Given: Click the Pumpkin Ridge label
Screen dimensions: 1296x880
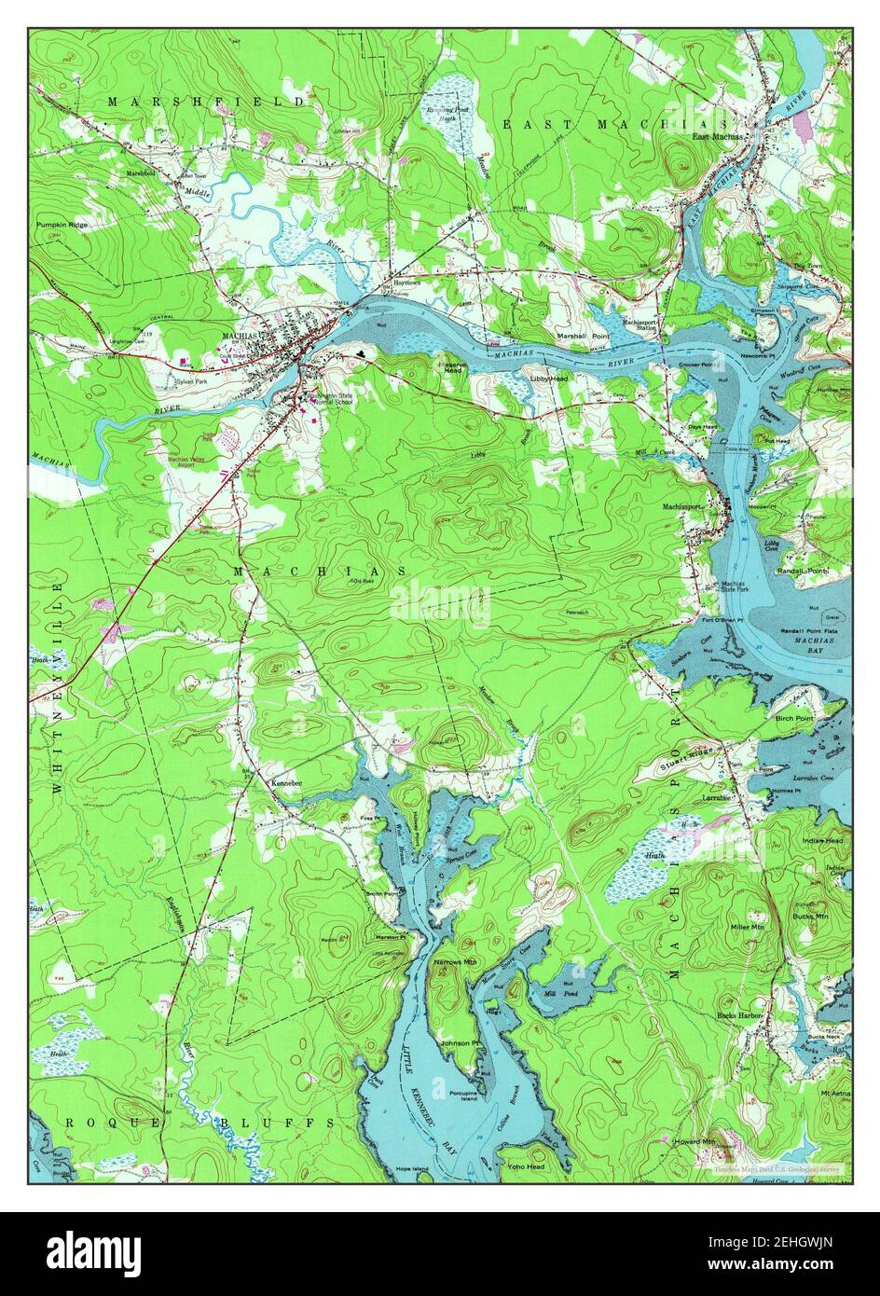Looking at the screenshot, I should coord(63,225).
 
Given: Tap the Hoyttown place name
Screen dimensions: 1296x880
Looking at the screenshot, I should coord(407,281).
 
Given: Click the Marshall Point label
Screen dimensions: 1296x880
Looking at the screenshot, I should coord(583,336).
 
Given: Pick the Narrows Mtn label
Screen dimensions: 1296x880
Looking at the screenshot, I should coord(455,959).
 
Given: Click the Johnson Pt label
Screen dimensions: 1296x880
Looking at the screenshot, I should coord(461,1042).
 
